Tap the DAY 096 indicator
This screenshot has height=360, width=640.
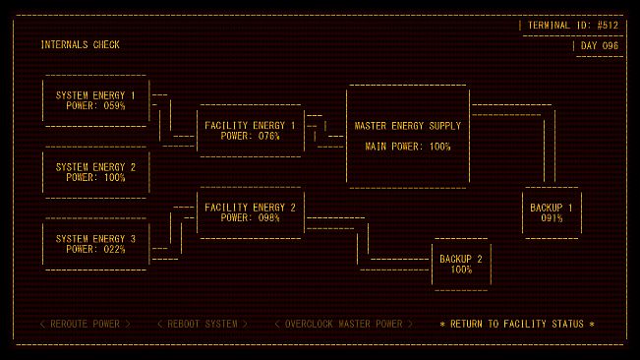point(599,46)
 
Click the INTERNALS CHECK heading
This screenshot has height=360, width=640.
point(81,45)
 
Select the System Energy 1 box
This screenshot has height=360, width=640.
point(95,100)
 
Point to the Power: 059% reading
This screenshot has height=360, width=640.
point(95,105)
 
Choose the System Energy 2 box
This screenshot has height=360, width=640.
point(95,172)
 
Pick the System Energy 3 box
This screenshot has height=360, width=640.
point(95,244)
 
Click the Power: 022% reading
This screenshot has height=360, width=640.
point(95,250)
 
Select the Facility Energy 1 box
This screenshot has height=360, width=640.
point(250,130)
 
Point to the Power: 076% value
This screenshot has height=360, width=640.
point(250,137)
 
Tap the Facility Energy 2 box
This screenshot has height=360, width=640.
point(250,212)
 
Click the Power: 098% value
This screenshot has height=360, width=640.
point(250,218)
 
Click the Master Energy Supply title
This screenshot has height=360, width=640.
point(408,126)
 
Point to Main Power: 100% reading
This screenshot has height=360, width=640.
point(408,147)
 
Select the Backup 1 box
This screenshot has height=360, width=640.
point(552,212)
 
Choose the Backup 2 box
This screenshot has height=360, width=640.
point(461,264)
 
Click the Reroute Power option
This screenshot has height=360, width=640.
point(85,324)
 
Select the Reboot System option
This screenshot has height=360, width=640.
point(202,324)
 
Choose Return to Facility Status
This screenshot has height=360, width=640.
point(517,324)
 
